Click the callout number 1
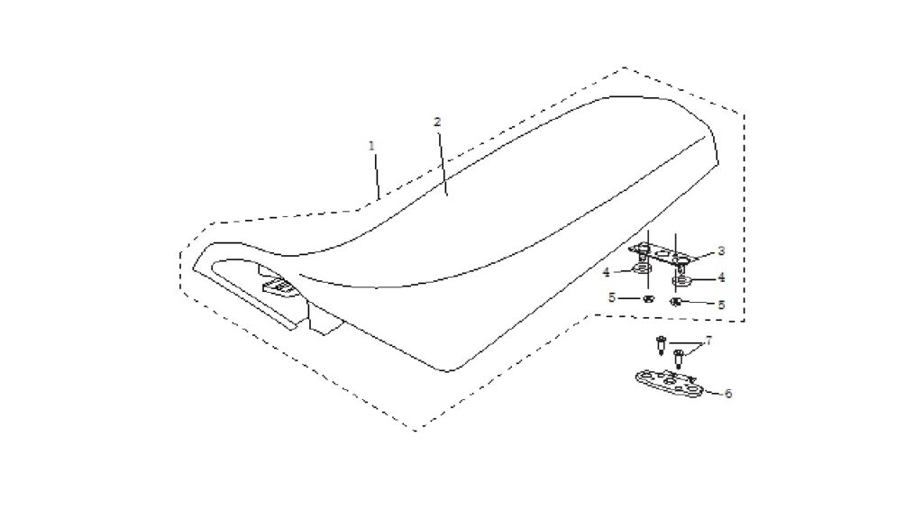[371, 145]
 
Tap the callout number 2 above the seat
[437, 122]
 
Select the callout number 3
[721, 251]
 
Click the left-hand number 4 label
[606, 273]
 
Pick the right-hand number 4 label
[721, 278]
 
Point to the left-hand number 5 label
[612, 297]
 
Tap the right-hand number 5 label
[721, 305]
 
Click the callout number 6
[728, 393]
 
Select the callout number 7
[708, 341]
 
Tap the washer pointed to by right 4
[681, 280]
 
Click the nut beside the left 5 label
[648, 298]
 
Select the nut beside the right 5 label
[676, 302]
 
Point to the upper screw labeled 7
[661, 344]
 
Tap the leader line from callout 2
[442, 161]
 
